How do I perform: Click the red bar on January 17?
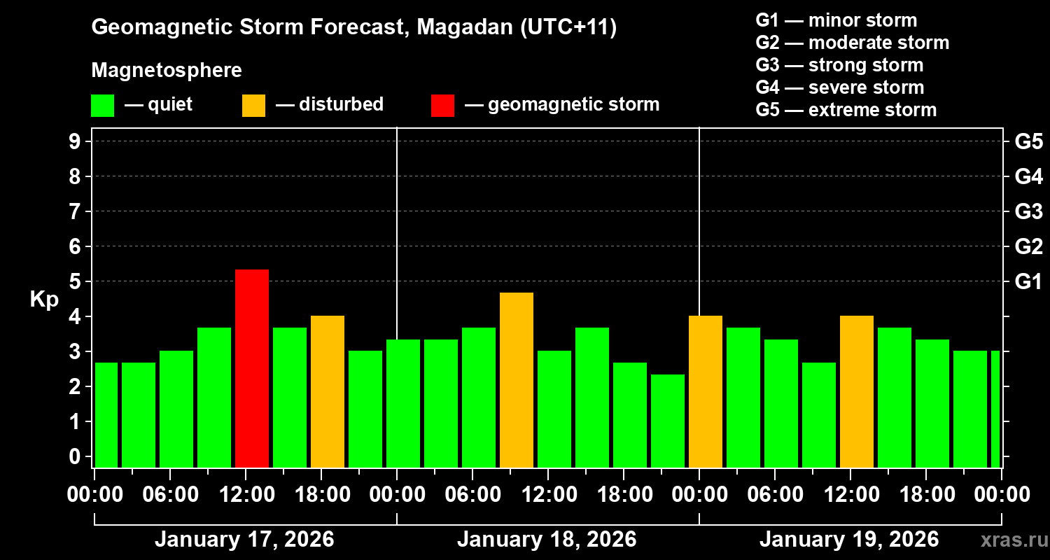pos(252,368)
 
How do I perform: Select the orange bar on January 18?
pos(517,379)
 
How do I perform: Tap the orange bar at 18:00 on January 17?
pos(328,391)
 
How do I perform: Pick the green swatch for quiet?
pos(102,105)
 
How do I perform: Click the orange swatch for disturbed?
pos(253,105)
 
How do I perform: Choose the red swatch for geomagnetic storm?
pos(442,105)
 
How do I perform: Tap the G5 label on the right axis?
pos(1028,141)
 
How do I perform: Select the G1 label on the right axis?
pos(1028,282)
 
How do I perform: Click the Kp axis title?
pos(44,299)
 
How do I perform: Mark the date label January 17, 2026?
pos(244,540)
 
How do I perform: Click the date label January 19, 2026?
pos(849,540)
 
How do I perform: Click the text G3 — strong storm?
pos(839,65)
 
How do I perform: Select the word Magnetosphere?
pos(167,71)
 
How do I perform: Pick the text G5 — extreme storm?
pos(846,110)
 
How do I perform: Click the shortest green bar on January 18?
pos(668,421)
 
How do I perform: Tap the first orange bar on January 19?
pos(706,391)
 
